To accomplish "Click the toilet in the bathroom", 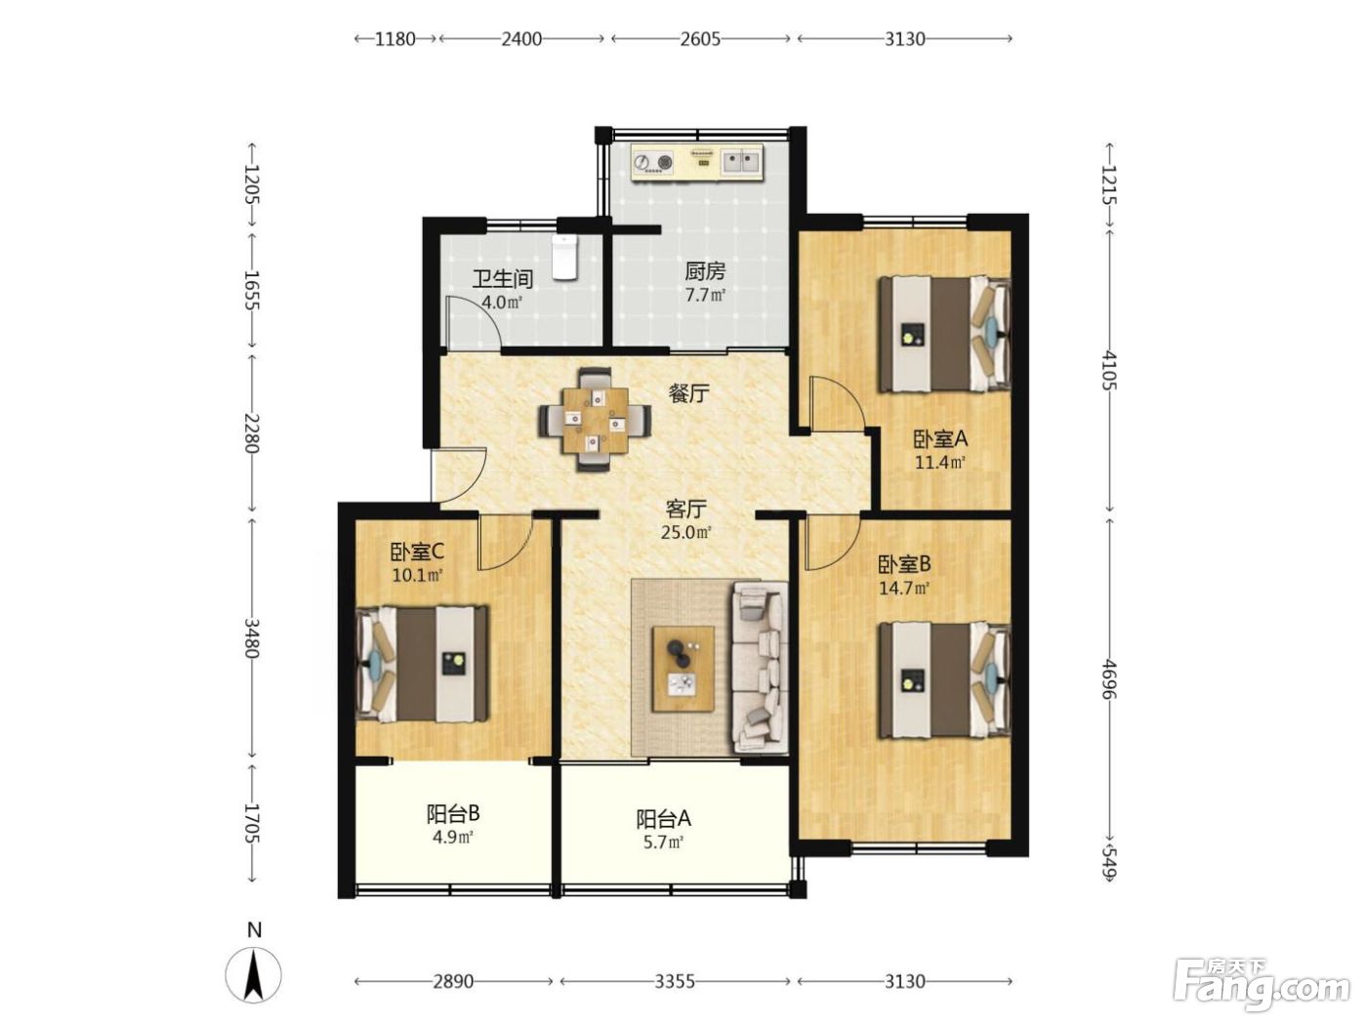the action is [x=564, y=257].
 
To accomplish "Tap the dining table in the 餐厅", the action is [x=595, y=420].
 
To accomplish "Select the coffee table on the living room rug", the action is [x=683, y=669].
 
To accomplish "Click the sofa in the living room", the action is [x=760, y=667].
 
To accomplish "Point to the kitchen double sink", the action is [x=741, y=162].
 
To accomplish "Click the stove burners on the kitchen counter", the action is [x=652, y=162].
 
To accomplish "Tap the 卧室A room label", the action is [x=940, y=439].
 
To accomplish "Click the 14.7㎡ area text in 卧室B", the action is [x=904, y=588].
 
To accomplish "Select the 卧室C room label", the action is [x=417, y=552].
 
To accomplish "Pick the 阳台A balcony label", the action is [x=663, y=819].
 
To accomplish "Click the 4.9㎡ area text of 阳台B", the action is [x=453, y=837].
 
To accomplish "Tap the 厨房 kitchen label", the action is [x=705, y=272].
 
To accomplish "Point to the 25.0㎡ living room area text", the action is [x=685, y=532].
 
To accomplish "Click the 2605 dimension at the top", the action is [x=700, y=39].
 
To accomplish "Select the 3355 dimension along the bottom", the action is [x=675, y=982].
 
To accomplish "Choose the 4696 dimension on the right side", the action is [x=1109, y=679].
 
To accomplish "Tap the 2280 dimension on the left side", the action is [x=252, y=433].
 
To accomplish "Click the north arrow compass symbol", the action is [x=254, y=976].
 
